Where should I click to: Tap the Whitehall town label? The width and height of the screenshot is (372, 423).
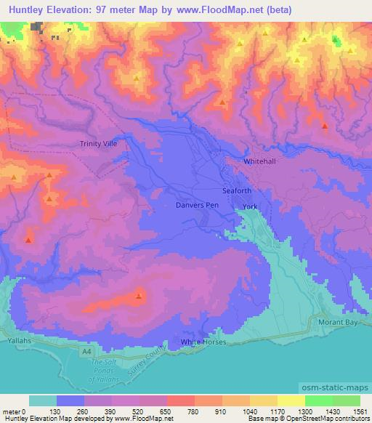click(x=261, y=161)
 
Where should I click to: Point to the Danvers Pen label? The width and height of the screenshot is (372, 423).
click(x=197, y=206)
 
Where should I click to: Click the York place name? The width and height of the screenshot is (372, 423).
click(x=250, y=207)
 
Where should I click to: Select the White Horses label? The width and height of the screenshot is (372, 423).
click(x=203, y=342)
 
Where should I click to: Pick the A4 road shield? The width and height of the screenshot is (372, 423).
click(x=86, y=351)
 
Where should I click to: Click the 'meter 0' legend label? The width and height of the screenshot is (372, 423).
click(x=13, y=411)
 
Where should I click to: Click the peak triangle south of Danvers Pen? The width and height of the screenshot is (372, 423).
click(x=138, y=296)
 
